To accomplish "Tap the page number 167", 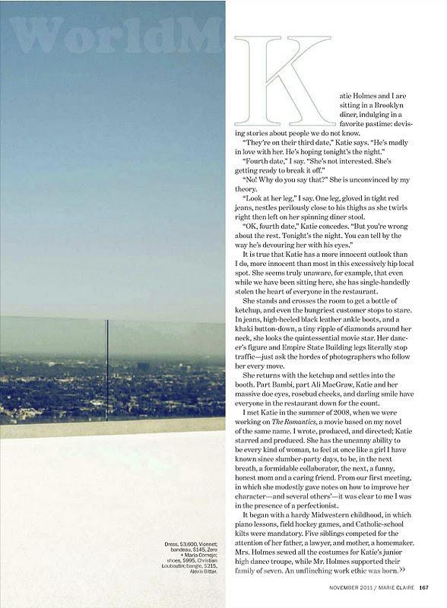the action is click(x=423, y=586).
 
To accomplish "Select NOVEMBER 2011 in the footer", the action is click(x=349, y=586).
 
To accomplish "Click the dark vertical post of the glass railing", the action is click(x=107, y=369).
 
